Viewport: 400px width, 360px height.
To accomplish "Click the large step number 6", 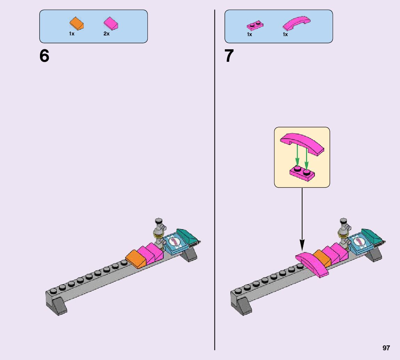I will (44, 56).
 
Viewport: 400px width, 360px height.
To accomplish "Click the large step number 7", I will (229, 56).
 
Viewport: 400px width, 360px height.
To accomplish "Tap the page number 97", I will (386, 348).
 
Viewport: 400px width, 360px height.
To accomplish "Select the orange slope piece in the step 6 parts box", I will (77, 24).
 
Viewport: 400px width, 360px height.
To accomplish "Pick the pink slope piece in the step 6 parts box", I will (111, 23).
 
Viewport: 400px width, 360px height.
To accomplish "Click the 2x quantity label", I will (106, 34).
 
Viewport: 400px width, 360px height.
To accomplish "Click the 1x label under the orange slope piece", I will (72, 34).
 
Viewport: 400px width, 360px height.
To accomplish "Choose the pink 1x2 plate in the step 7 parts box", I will (255, 25).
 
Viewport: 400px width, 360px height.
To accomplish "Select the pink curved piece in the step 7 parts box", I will (296, 23).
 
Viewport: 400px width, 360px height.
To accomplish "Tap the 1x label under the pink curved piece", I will (285, 34).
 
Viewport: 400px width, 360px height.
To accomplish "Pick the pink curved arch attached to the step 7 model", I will (312, 264).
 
